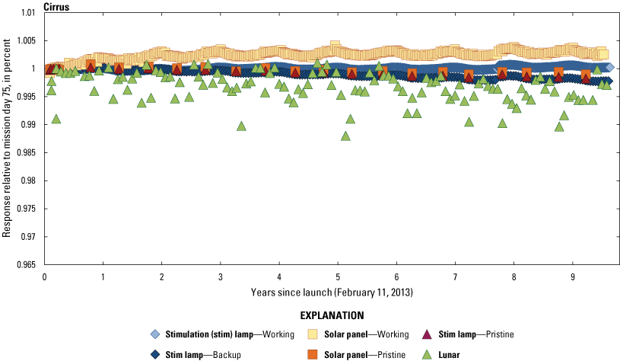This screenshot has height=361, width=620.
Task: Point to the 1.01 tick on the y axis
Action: pos(28,13)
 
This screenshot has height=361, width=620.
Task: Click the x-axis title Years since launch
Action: pos(332,292)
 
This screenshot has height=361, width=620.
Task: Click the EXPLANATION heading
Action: pos(332,315)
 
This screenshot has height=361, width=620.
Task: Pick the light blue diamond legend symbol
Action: pos(155,334)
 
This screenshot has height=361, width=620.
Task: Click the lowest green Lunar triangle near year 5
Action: pos(345,136)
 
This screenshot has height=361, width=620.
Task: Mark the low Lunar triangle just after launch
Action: pos(56,119)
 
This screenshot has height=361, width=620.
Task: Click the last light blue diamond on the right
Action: pos(609,67)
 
